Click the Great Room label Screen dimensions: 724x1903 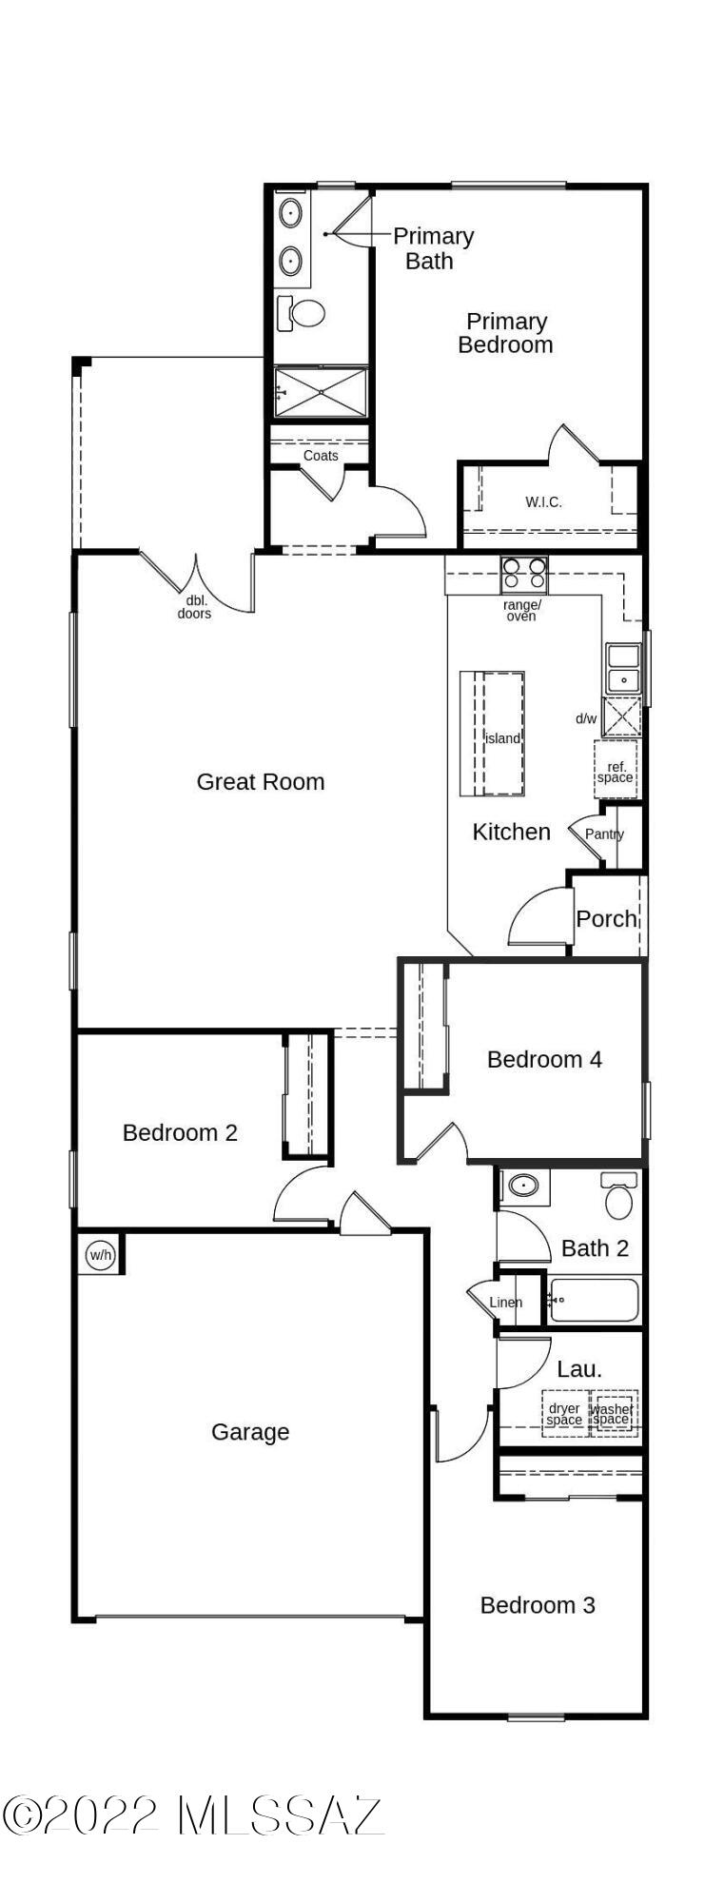click(261, 782)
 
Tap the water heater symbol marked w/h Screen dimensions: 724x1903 click(100, 1255)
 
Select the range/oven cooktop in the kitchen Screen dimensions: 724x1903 click(524, 574)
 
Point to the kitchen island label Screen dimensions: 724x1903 click(503, 738)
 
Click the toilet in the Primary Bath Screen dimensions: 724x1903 click(301, 311)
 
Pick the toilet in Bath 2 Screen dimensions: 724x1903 click(618, 1196)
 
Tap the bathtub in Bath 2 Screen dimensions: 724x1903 click(594, 1300)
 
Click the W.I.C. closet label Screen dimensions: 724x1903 click(543, 501)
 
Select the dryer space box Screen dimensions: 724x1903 click(565, 1413)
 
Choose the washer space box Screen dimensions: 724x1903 click(613, 1413)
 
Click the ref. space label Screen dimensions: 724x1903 click(616, 772)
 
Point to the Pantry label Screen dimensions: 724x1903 click(605, 834)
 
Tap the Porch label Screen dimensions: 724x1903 click(607, 919)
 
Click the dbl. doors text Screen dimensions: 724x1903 click(194, 607)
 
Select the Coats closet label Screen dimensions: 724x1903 click(321, 456)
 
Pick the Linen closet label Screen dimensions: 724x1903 click(506, 1303)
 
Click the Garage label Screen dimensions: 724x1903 click(250, 1432)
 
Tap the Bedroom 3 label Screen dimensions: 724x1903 click(538, 1605)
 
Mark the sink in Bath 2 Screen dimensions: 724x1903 click(522, 1186)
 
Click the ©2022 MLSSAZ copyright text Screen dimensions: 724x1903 click(193, 1816)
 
